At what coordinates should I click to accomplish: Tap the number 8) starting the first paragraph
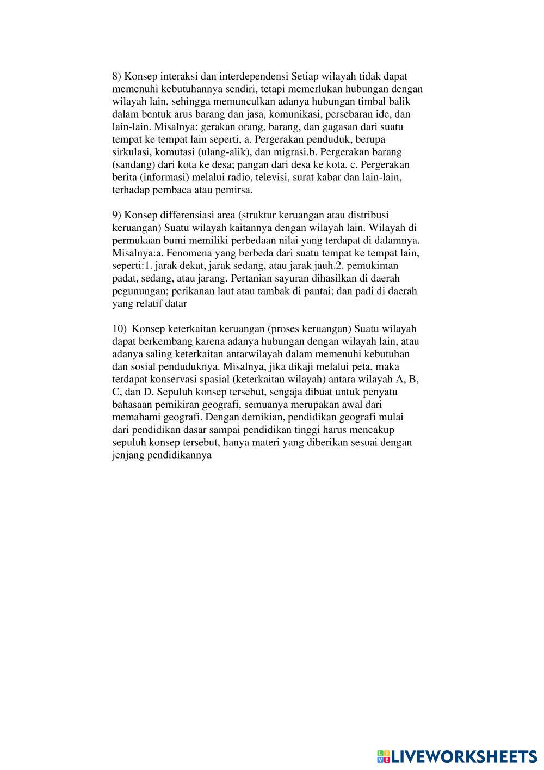pyautogui.click(x=117, y=76)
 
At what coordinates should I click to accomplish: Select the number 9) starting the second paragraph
pyautogui.click(x=117, y=215)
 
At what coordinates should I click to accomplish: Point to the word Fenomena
pyautogui.click(x=184, y=253)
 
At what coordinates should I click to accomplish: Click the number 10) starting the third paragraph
pyautogui.click(x=119, y=329)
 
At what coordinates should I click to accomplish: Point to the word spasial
pyautogui.click(x=220, y=379)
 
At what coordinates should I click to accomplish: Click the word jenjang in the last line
pyautogui.click(x=127, y=455)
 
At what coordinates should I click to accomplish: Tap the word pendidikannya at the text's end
pyautogui.click(x=179, y=455)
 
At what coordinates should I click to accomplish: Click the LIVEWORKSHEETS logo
pyautogui.click(x=456, y=755)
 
